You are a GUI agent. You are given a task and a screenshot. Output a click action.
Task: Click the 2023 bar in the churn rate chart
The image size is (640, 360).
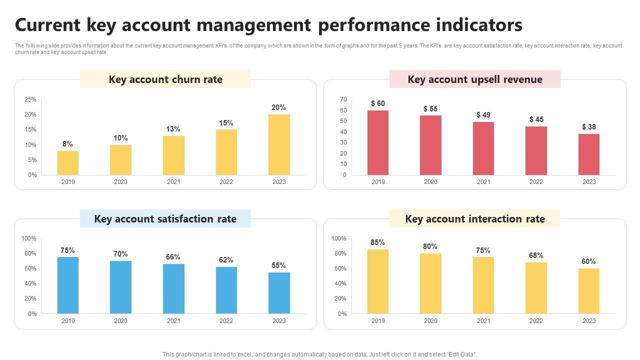pyautogui.click(x=279, y=144)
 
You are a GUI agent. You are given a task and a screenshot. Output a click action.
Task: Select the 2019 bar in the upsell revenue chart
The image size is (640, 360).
pyautogui.click(x=378, y=142)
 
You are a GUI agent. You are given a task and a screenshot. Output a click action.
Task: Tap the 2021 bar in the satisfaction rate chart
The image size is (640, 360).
pyautogui.click(x=173, y=288)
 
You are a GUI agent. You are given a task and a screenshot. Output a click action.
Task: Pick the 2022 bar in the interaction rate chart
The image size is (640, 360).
pyautogui.click(x=536, y=288)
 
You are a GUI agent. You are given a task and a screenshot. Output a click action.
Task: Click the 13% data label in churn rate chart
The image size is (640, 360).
pyautogui.click(x=173, y=129)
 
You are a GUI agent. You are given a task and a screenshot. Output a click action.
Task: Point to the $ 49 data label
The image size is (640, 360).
pyautogui.click(x=483, y=115)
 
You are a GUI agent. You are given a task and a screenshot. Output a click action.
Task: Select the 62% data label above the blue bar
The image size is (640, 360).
pyautogui.click(x=226, y=260)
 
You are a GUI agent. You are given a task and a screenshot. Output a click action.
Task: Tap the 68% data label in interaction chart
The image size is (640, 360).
pyautogui.click(x=536, y=255)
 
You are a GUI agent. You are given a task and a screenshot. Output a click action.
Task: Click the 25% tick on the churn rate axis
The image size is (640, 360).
pyautogui.click(x=30, y=99)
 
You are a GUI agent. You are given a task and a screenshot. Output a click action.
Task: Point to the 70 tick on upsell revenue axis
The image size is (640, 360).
pyautogui.click(x=343, y=99)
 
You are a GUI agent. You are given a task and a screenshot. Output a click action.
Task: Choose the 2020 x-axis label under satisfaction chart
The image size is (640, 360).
pyautogui.click(x=120, y=321)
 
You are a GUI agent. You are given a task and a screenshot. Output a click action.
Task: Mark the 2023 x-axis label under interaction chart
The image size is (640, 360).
pyautogui.click(x=589, y=321)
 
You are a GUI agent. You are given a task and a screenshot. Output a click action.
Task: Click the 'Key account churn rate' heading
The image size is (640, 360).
pyautogui.click(x=165, y=79)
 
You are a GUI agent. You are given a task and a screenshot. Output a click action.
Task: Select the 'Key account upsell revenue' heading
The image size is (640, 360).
pyautogui.click(x=475, y=79)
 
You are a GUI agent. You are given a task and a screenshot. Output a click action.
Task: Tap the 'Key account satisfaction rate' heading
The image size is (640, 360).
pyautogui.click(x=165, y=219)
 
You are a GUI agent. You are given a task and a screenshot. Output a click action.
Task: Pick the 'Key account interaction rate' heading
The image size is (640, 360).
pyautogui.click(x=475, y=219)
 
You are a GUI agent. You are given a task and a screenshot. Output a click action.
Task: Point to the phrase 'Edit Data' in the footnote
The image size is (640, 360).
pyautogui.click(x=460, y=354)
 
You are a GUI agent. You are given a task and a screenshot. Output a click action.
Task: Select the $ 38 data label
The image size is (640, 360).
pyautogui.click(x=589, y=127)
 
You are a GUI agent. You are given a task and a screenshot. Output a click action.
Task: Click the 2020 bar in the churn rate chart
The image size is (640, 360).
pyautogui.click(x=120, y=160)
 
